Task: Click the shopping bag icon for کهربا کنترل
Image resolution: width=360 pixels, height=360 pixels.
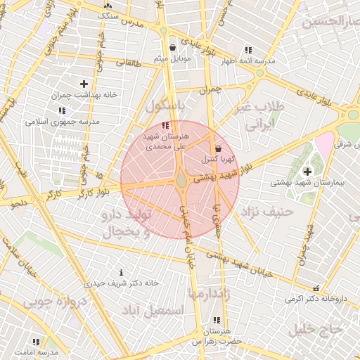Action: (x=218, y=148)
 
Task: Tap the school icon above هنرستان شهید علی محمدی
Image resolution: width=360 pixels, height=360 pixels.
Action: (x=165, y=125)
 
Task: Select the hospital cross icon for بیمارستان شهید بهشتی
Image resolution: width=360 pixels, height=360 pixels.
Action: (x=307, y=171)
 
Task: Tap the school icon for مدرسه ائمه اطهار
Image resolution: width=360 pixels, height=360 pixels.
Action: (x=248, y=50)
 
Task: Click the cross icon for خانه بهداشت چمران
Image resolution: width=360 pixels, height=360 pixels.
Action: (x=83, y=84)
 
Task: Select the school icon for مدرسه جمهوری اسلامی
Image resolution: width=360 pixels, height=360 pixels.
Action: (x=63, y=110)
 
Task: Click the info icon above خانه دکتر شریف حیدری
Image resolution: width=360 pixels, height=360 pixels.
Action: (x=122, y=272)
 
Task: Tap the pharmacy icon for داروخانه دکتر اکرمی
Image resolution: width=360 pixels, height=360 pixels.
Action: (x=316, y=288)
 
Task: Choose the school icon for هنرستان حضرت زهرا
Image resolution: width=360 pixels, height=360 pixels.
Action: (x=214, y=320)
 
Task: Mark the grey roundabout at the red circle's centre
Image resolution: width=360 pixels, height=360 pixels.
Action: (x=181, y=181)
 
